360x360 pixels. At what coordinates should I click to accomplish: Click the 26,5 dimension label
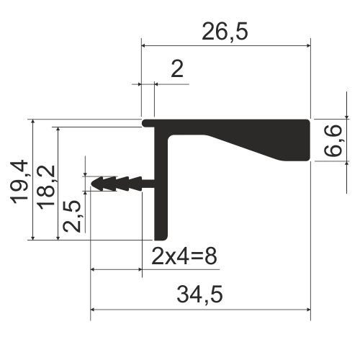point(225,32)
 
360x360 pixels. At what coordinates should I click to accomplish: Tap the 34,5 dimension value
point(199,294)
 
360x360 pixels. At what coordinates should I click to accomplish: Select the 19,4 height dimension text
point(19,181)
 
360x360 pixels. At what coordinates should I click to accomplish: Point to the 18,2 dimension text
point(45,187)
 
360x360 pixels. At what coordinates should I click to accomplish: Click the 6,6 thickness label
point(333,140)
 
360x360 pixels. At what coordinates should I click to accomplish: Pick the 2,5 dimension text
point(72,215)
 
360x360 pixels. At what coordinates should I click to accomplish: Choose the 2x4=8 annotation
point(184,256)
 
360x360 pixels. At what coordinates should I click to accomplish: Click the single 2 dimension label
point(177,69)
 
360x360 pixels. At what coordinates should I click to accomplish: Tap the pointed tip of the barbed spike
point(91,184)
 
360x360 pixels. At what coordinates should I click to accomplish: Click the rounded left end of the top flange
point(144,123)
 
